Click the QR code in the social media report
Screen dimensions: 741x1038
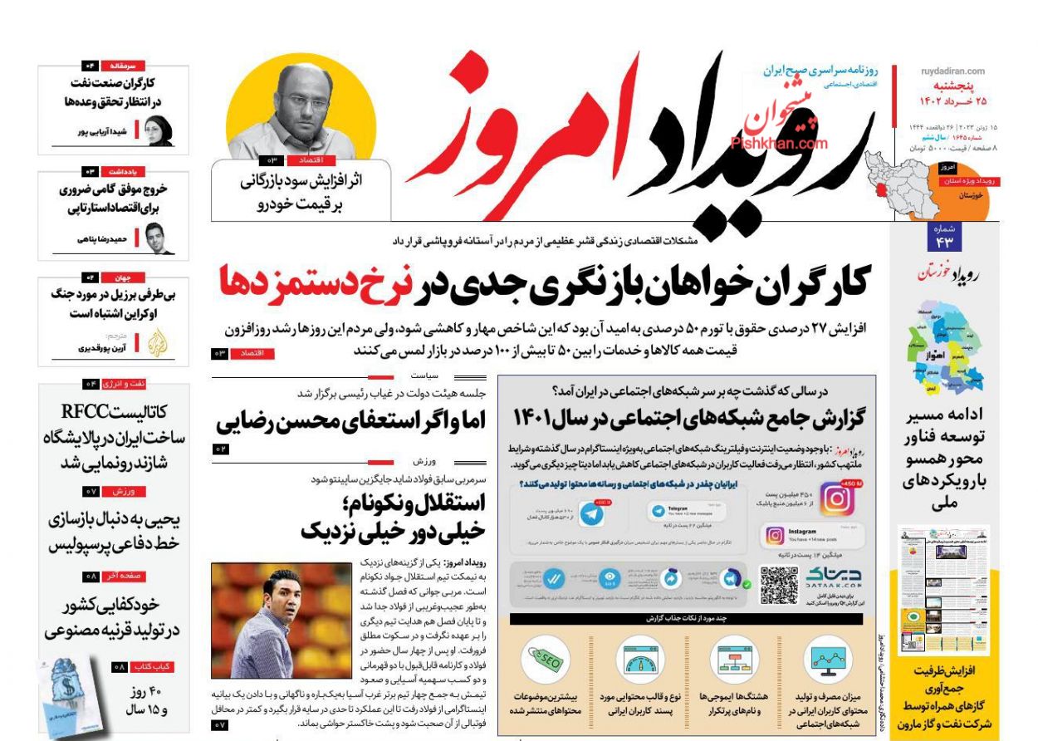point(779,585)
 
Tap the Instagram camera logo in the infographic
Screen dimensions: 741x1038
point(836,498)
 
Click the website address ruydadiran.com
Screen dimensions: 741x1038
point(952,71)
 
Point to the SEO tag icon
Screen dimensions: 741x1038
point(544,660)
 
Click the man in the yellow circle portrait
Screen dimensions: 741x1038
point(301,104)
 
